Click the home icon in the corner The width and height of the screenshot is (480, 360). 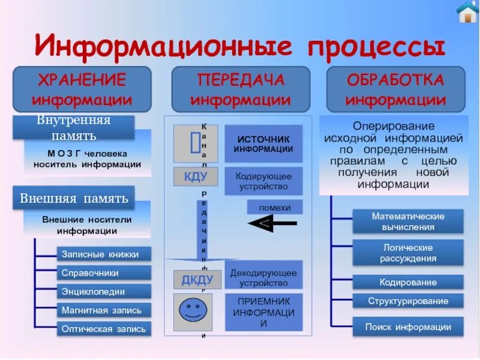[x=467, y=12]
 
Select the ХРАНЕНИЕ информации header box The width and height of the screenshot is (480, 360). [x=82, y=89]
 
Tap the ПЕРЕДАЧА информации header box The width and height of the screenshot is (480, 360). [x=241, y=89]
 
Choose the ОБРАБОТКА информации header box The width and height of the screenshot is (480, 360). [x=395, y=89]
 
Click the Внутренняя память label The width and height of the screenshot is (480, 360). [x=74, y=127]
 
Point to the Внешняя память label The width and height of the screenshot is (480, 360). [x=74, y=197]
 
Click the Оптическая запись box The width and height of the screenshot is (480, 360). [x=104, y=329]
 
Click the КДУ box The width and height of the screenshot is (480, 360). [x=196, y=176]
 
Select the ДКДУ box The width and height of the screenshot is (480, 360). [x=197, y=280]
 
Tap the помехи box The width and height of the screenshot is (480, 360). [x=275, y=207]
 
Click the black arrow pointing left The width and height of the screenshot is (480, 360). [x=272, y=223]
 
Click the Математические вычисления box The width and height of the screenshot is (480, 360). [x=408, y=221]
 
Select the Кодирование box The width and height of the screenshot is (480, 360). [x=408, y=282]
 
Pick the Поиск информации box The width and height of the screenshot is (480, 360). [x=408, y=327]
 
